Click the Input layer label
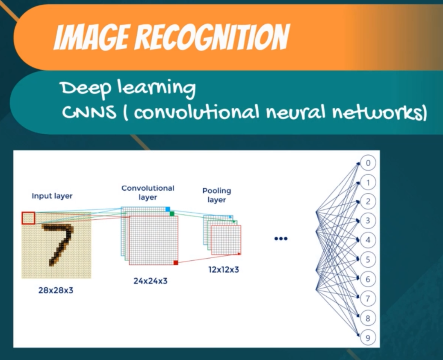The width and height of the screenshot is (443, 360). click(x=52, y=196)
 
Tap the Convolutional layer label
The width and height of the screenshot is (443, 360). click(x=148, y=192)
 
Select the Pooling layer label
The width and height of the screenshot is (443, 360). click(x=216, y=195)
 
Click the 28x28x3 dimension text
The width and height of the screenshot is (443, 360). click(x=56, y=290)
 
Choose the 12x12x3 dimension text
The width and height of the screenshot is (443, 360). click(x=224, y=270)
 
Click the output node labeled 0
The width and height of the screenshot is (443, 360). click(x=368, y=163)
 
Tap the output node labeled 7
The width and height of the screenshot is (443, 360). click(x=368, y=298)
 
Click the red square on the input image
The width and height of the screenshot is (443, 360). click(x=28, y=218)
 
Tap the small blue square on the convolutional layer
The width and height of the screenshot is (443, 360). click(x=168, y=209)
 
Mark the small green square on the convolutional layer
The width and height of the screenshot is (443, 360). click(x=172, y=213)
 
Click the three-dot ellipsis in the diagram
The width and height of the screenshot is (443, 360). click(x=281, y=239)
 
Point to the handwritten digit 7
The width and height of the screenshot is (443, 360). click(x=59, y=242)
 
